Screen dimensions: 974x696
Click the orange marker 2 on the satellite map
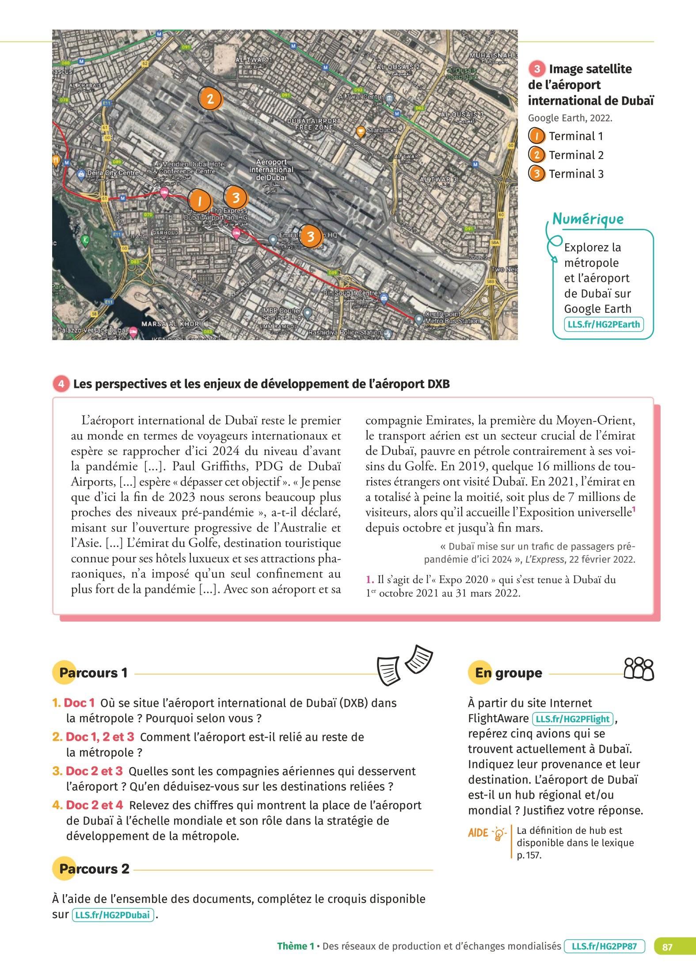pos(210,99)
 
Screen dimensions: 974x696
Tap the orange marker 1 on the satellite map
pos(200,201)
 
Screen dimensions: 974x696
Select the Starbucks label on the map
pos(382,130)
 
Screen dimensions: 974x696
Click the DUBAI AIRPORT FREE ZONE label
pos(314,124)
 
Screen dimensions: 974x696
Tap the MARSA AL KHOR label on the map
pos(170,324)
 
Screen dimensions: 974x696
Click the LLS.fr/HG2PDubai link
pos(112,914)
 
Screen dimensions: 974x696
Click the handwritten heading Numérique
pos(588,219)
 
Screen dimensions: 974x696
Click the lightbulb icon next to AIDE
pos(498,834)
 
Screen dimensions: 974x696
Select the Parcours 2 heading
pos(94,869)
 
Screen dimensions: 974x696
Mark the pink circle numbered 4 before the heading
pos(61,384)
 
